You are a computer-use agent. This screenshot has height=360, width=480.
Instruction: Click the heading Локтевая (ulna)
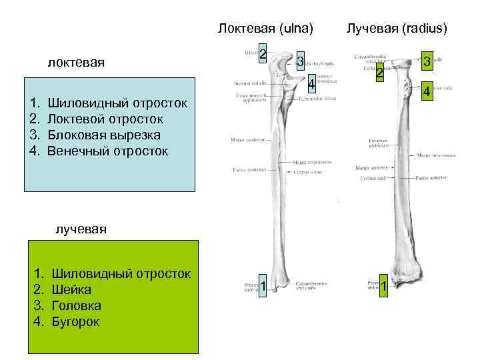pos(265,29)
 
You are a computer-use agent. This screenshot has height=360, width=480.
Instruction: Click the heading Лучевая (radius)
pos(397,29)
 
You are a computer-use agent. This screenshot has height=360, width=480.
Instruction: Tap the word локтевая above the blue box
pos(77,63)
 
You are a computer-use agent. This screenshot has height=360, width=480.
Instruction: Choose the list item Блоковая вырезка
pos(104,135)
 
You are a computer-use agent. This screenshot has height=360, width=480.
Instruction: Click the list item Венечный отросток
pos(108,151)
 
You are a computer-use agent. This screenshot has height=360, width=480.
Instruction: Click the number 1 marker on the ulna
pos(263,287)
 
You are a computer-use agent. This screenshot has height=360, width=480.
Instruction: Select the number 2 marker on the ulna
pos(263,54)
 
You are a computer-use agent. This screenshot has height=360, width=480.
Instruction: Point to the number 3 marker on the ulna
pos(301,62)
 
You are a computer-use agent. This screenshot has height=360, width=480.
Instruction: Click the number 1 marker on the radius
pos(383,287)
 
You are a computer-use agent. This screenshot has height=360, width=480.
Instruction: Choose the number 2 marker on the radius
pos(379,73)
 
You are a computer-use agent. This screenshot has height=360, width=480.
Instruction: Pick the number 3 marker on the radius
pos(425,62)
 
